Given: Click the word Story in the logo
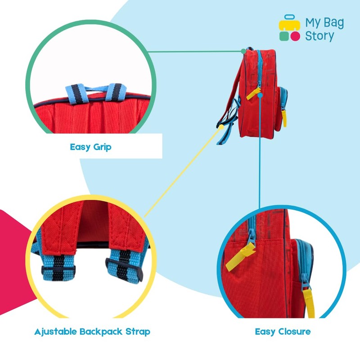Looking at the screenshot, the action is [x=320, y=36].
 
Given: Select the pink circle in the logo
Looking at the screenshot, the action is [x=295, y=36].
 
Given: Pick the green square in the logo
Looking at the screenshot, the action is [x=283, y=36].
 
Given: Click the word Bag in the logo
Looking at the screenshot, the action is [x=334, y=22].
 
